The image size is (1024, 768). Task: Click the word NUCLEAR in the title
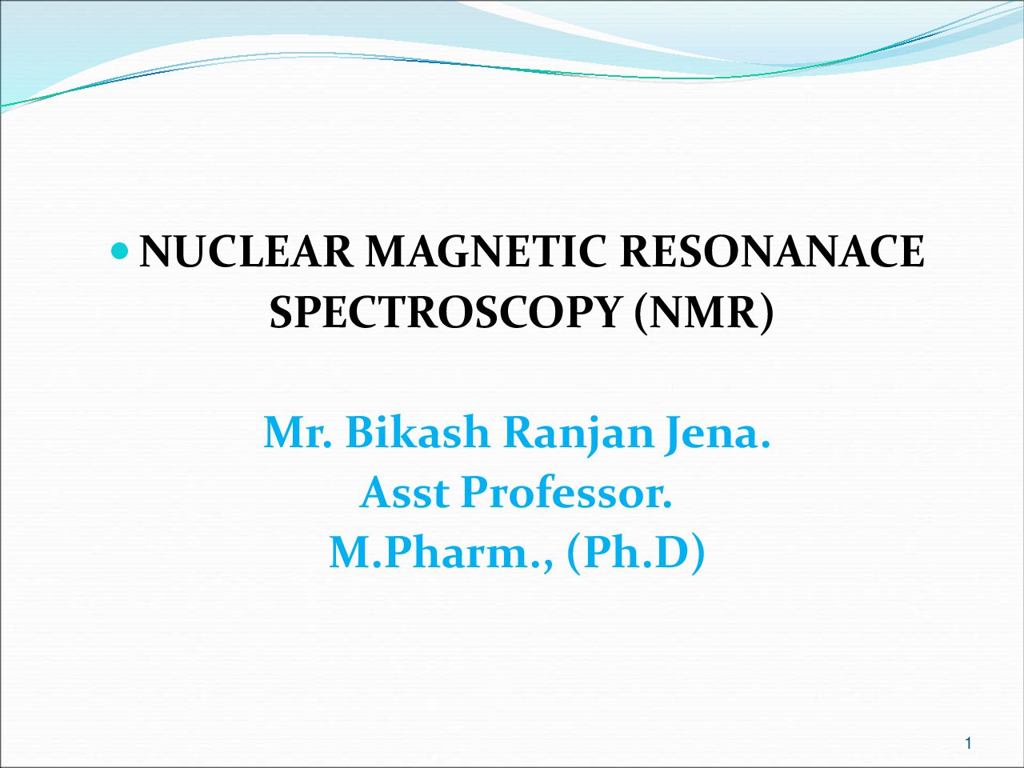(246, 251)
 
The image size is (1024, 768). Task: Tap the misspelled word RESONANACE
(772, 251)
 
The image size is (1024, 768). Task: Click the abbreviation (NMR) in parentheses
(703, 314)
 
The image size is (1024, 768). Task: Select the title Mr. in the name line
(298, 432)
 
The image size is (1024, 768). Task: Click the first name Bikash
(418, 431)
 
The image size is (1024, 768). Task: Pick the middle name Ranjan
(578, 435)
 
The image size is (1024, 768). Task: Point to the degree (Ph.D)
(635, 554)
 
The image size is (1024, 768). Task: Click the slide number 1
(968, 743)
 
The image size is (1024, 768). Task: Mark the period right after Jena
(765, 443)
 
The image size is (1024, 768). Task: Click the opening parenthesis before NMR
(641, 314)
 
